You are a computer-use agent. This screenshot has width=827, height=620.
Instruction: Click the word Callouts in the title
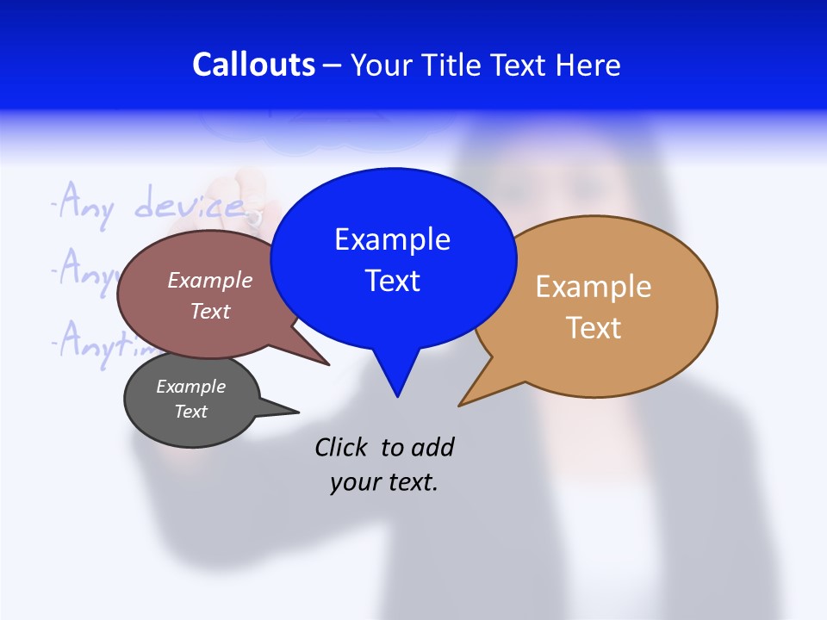[x=253, y=65]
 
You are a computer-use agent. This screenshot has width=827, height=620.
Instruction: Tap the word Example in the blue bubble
[x=392, y=239]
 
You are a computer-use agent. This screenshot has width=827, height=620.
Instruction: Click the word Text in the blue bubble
[x=392, y=281]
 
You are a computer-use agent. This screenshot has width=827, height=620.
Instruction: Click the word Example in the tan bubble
[x=594, y=287]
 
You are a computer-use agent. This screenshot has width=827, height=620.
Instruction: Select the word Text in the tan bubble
[x=594, y=328]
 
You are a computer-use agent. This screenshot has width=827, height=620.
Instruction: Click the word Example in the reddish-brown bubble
[x=210, y=280]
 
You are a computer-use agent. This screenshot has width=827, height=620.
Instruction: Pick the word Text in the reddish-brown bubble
[x=210, y=311]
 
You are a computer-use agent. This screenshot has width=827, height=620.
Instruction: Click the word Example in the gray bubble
[x=190, y=387]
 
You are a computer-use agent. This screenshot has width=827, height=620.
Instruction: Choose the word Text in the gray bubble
[x=190, y=412]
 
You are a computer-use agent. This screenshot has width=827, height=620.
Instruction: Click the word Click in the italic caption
[x=343, y=447]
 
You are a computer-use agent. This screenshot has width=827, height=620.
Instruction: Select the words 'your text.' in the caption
[x=384, y=483]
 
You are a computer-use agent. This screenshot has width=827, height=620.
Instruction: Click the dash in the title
[x=333, y=65]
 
